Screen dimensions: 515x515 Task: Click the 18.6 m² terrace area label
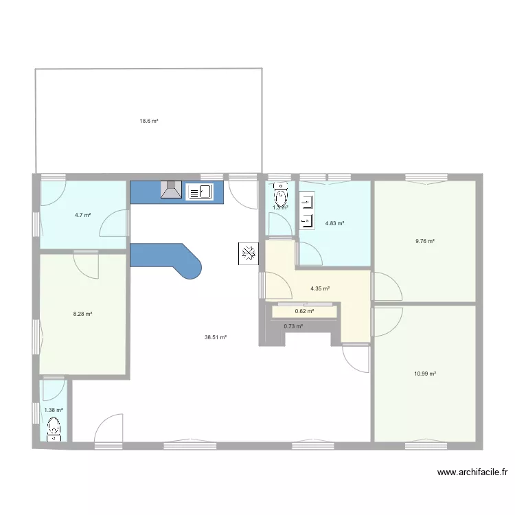(149, 121)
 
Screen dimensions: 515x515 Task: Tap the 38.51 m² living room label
(215, 337)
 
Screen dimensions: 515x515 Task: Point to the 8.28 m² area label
(82, 314)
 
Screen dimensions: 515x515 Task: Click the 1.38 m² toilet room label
(53, 410)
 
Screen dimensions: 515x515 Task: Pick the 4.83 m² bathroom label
(334, 223)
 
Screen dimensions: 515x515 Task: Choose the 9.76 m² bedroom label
(424, 241)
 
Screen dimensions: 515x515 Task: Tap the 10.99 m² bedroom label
(425, 374)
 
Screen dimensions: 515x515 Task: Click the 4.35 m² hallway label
(320, 288)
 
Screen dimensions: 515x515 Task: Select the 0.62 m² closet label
(304, 311)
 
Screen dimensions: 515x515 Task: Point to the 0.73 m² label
(293, 326)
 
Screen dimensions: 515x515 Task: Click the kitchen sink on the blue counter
(198, 192)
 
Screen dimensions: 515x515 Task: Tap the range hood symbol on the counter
(170, 190)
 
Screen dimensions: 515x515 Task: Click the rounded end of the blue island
(192, 267)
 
